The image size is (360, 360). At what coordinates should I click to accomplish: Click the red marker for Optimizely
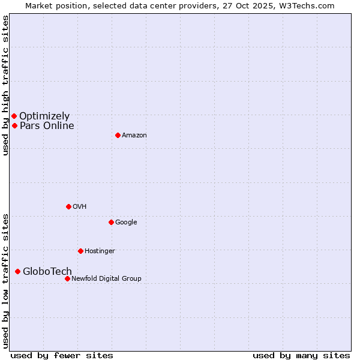(14, 116)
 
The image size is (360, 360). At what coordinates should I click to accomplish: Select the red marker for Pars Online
(14, 125)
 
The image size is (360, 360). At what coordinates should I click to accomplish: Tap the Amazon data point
(118, 135)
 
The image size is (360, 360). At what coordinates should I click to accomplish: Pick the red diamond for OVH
(68, 206)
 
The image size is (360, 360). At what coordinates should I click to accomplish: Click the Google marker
(111, 222)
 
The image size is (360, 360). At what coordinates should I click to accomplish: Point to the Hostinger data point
(80, 251)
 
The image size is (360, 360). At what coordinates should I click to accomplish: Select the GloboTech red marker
(17, 271)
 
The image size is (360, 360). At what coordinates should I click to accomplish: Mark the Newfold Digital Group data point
(67, 278)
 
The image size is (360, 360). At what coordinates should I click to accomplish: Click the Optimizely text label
(44, 116)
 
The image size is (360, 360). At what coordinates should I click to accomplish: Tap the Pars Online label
(47, 125)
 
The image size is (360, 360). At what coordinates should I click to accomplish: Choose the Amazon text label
(134, 135)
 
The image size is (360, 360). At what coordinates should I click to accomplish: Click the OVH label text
(80, 206)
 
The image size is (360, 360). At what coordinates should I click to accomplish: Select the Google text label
(126, 222)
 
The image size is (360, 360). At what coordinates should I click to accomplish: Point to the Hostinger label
(100, 251)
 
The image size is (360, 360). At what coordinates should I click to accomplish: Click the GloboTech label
(47, 271)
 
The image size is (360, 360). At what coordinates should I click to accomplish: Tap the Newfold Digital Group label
(106, 278)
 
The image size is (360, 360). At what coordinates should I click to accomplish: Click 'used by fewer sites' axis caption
(62, 355)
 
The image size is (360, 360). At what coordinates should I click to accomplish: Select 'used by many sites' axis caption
(301, 355)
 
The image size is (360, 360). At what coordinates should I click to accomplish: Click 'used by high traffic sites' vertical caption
(5, 85)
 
